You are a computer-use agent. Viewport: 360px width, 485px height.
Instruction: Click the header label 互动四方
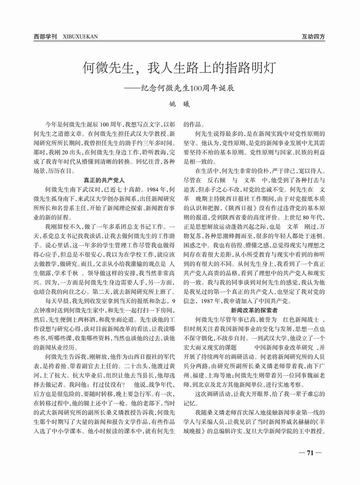pyautogui.click(x=313, y=37)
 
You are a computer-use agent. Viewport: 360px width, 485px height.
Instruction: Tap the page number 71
pyautogui.click(x=310, y=453)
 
